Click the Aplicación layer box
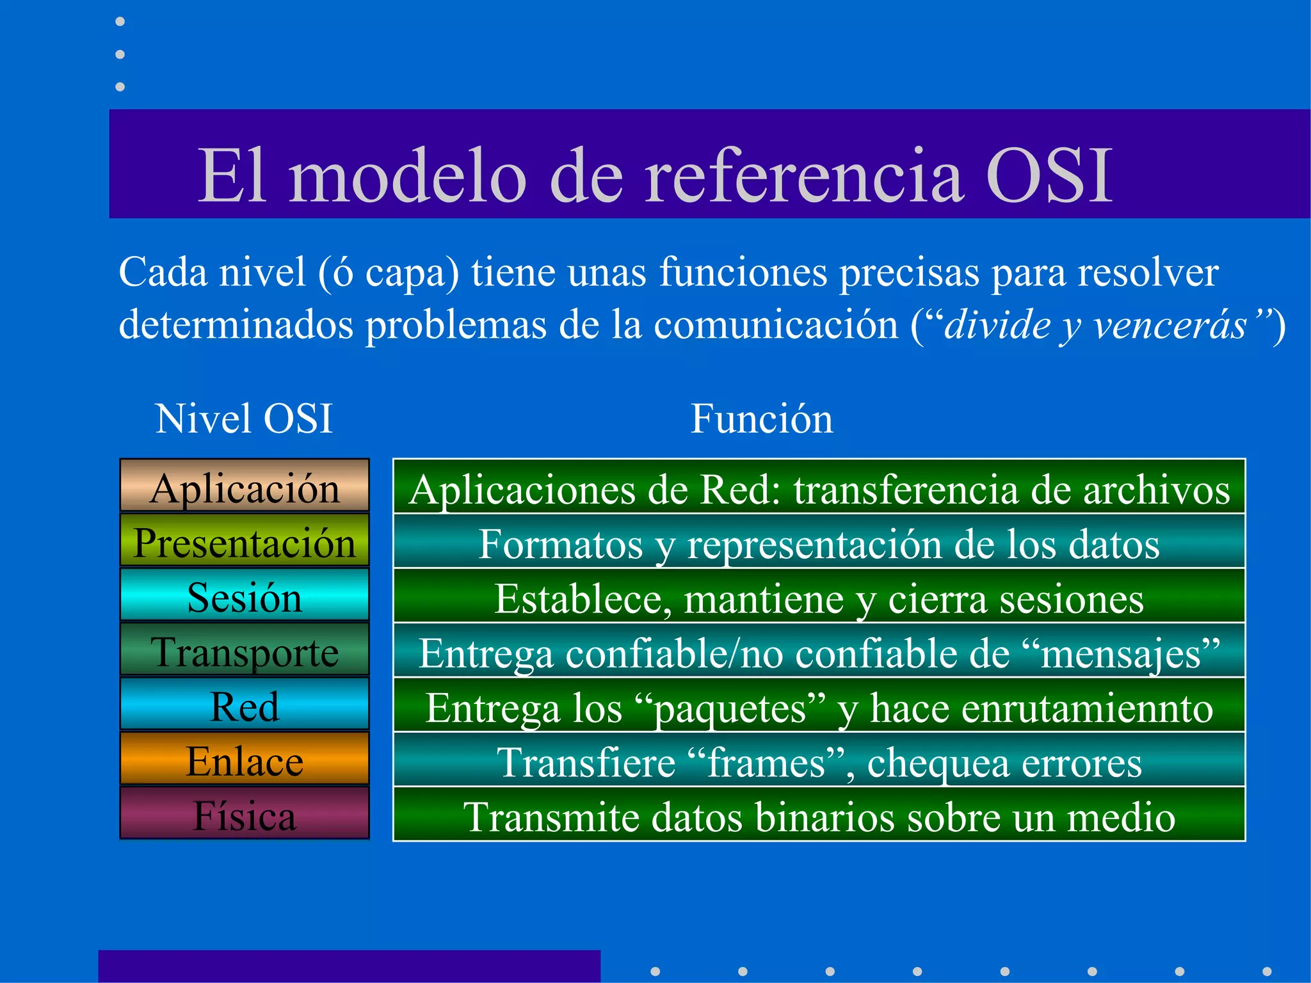pos(245,486)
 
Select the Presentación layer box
pos(245,541)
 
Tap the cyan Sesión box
pos(245,596)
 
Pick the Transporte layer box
pos(245,650)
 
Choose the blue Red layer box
pos(245,705)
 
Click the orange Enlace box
pos(245,760)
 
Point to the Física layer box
pos(245,814)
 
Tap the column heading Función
pos(762,419)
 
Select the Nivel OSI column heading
pos(244,419)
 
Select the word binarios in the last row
pos(837,817)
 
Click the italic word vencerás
pos(1170,324)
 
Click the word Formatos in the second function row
pos(560,545)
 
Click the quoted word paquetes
pos(730,708)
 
